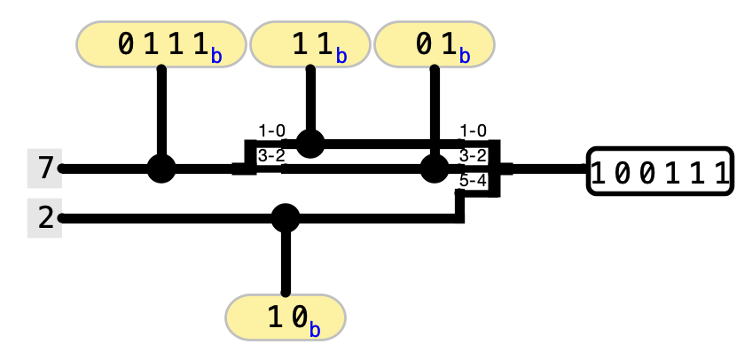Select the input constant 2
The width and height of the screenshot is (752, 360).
pyautogui.click(x=44, y=218)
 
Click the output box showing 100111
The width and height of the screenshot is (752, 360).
pyautogui.click(x=661, y=170)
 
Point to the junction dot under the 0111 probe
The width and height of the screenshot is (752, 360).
pyautogui.click(x=161, y=168)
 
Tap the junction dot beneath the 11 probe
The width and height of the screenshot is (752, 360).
pyautogui.click(x=309, y=142)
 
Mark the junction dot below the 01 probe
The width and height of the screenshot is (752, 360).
pyautogui.click(x=434, y=168)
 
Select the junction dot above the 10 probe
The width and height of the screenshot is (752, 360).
pyautogui.click(x=285, y=217)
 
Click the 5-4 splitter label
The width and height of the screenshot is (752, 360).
pyautogui.click(x=474, y=181)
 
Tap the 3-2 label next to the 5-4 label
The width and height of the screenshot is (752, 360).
pyautogui.click(x=474, y=156)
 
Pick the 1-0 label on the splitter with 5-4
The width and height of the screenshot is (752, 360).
pyautogui.click(x=474, y=131)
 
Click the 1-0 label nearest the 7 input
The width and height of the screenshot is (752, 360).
pyautogui.click(x=271, y=131)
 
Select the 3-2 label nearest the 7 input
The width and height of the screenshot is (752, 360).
pyautogui.click(x=271, y=156)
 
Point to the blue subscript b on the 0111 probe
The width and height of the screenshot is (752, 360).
pyautogui.click(x=217, y=57)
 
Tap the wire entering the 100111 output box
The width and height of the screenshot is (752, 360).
pyautogui.click(x=545, y=168)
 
